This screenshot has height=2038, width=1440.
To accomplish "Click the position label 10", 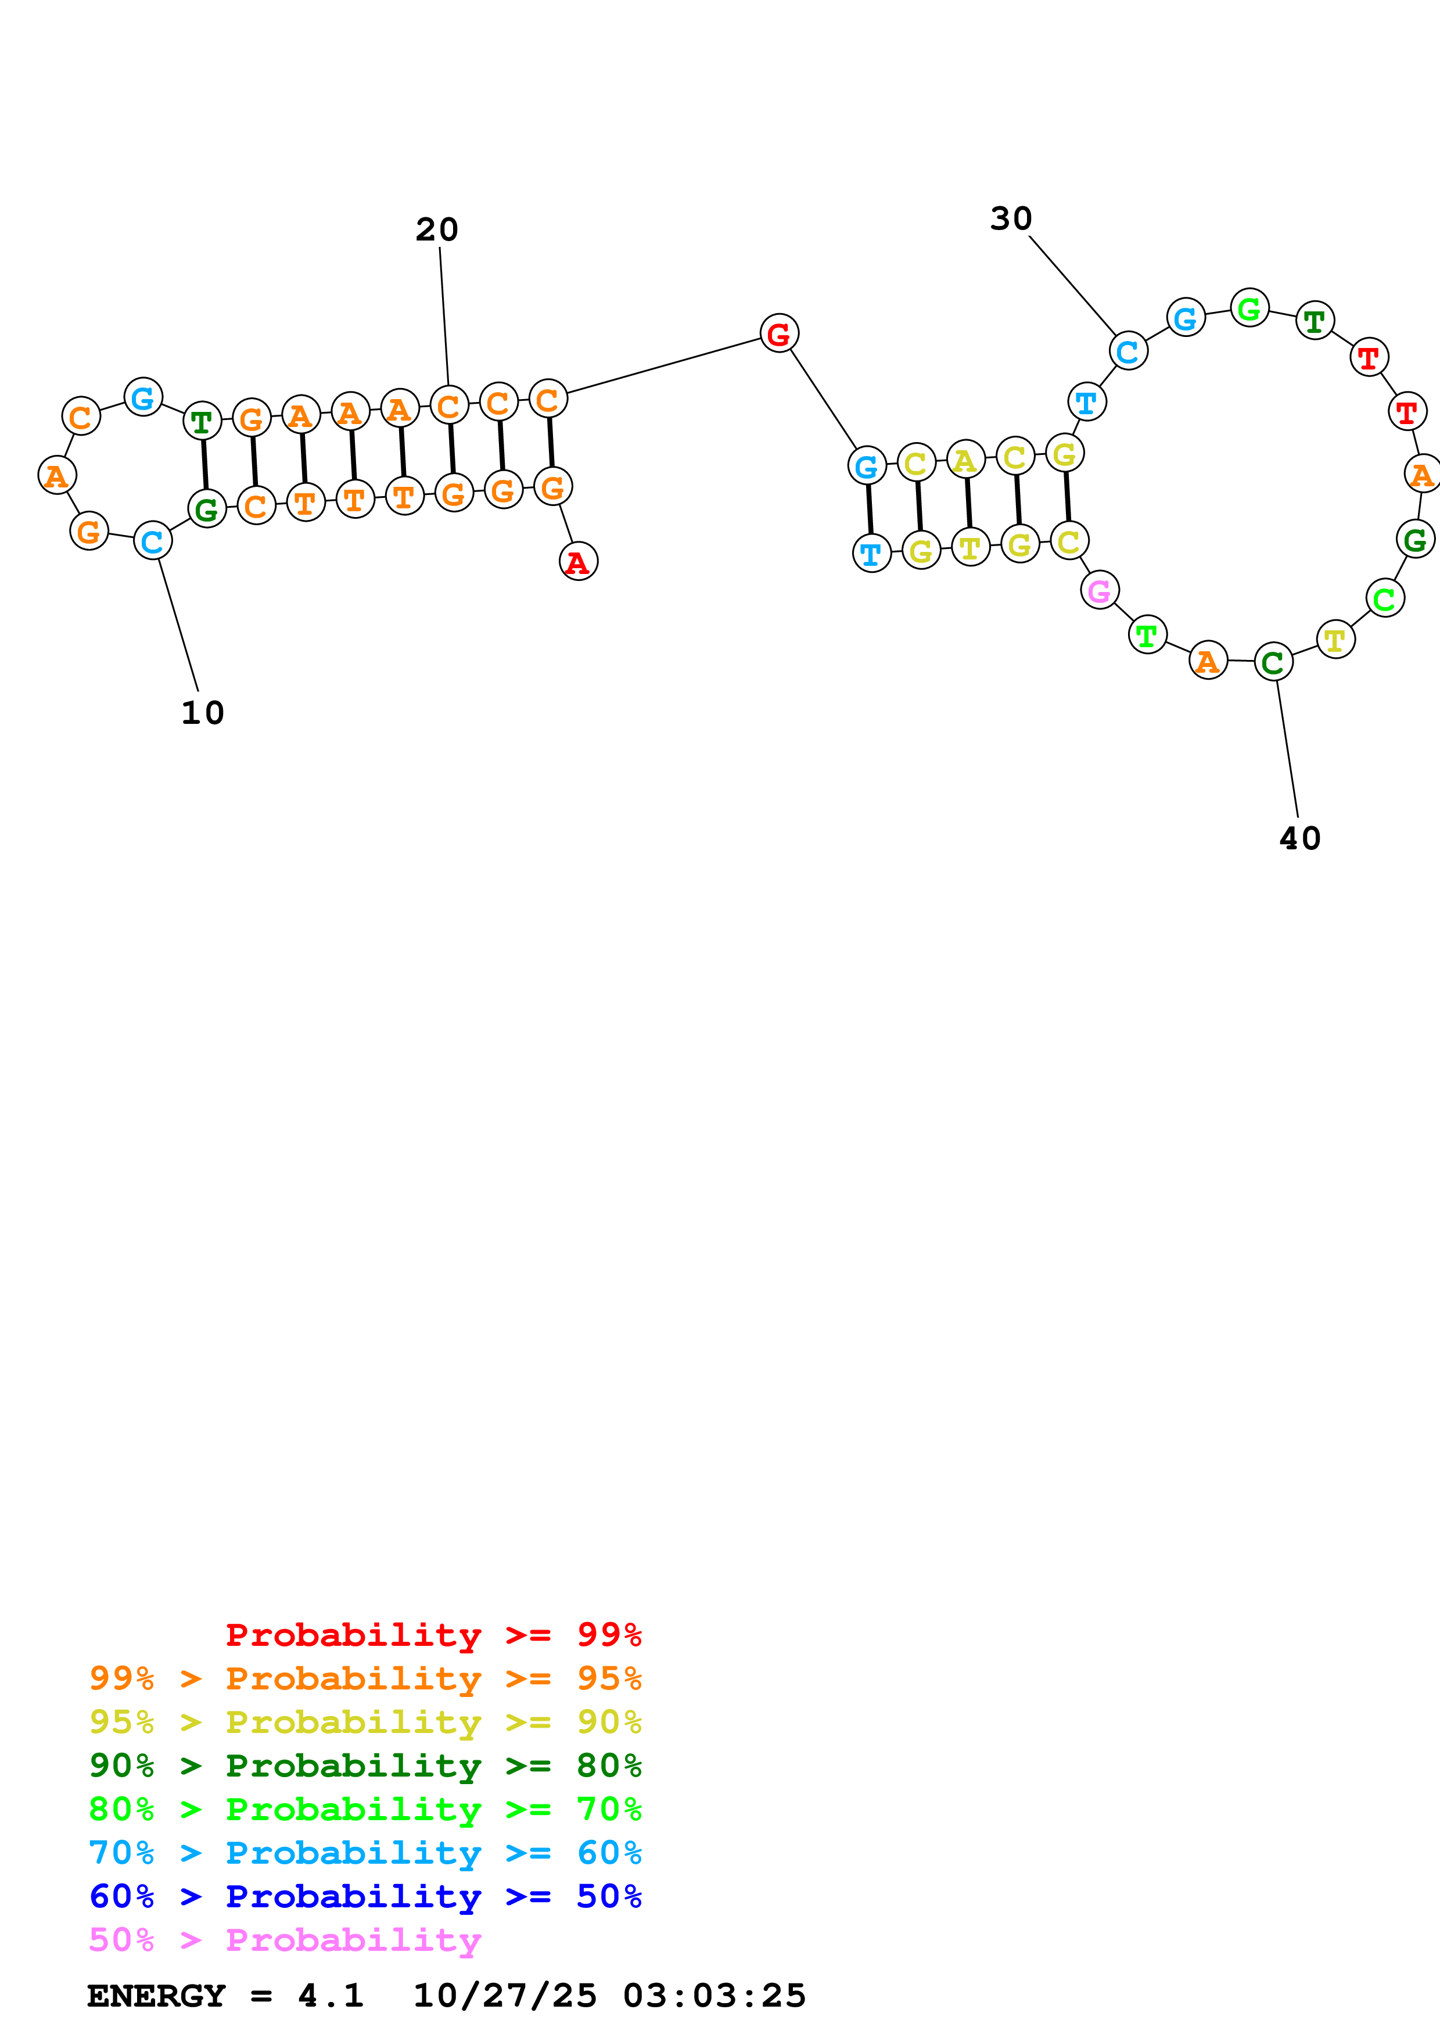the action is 202,713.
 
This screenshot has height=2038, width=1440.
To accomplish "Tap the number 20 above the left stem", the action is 436,230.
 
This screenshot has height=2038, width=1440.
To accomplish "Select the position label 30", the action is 1011,219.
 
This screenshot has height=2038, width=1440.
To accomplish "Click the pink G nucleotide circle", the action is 1099,590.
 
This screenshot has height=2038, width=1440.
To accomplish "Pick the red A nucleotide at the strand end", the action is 577,562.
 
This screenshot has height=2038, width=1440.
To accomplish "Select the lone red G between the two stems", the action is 779,333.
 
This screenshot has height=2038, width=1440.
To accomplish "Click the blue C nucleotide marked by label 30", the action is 1127,351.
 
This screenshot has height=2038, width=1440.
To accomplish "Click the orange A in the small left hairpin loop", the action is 57,476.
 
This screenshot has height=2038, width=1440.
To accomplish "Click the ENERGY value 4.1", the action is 330,1996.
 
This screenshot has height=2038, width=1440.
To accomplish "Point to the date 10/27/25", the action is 505,1996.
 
